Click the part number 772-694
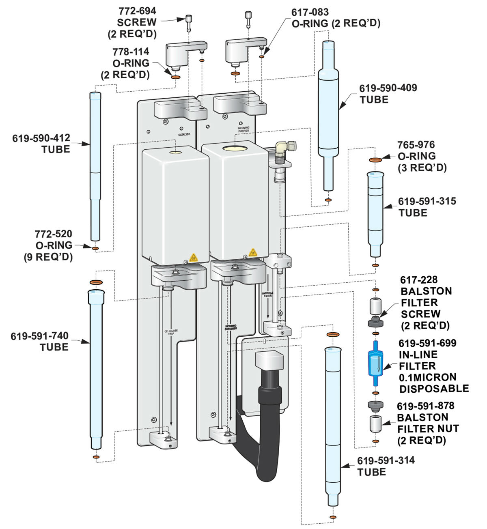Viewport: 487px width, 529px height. pyautogui.click(x=137, y=11)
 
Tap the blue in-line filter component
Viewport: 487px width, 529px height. pyautogui.click(x=375, y=363)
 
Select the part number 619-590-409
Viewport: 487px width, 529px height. pyautogui.click(x=388, y=88)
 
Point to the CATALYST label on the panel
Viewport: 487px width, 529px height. pyautogui.click(x=184, y=134)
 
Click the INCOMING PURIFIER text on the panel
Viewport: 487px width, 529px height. pyautogui.click(x=243, y=129)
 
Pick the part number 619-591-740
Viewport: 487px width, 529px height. pyautogui.click(x=40, y=336)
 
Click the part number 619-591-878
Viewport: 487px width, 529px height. pyautogui.click(x=425, y=406)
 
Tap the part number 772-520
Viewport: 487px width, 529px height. pyautogui.click(x=53, y=234)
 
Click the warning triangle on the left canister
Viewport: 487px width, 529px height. pyautogui.click(x=193, y=257)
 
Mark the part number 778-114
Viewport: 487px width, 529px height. pyautogui.click(x=131, y=52)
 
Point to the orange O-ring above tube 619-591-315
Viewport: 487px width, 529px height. pyautogui.click(x=375, y=160)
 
